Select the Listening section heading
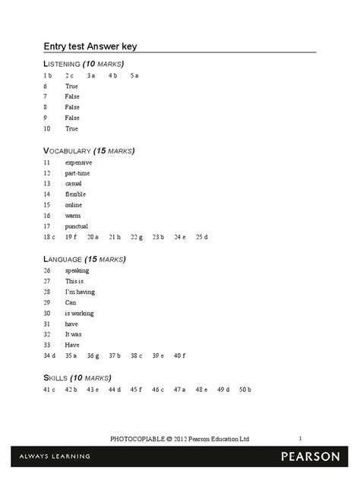coord(84,63)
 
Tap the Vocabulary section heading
coord(89,150)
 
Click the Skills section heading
coord(77,377)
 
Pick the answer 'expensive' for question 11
coord(78,163)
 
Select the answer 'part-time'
coord(77,173)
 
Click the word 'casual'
coord(73,184)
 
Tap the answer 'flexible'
coord(75,194)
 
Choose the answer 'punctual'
coord(76,226)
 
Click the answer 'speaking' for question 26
coord(77,270)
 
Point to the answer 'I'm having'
coord(80,292)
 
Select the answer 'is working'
coord(79,313)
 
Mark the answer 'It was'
coord(73,334)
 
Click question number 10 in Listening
coord(46,129)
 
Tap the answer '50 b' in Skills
coord(245,390)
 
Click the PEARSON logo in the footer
coord(311,456)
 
